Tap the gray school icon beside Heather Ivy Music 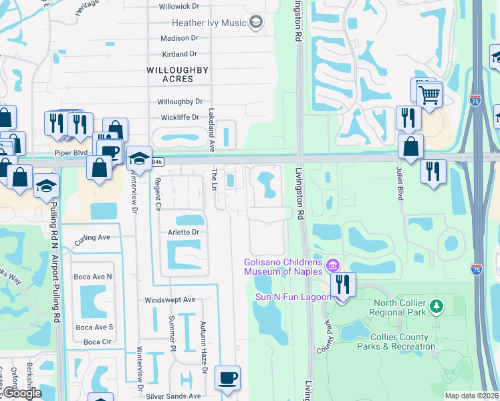coord(255,23)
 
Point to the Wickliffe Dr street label coord(178,118)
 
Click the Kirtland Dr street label coord(179,54)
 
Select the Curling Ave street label coord(92,237)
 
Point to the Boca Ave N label coord(94,277)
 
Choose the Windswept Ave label coord(170,300)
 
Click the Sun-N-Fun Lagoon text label coord(293,297)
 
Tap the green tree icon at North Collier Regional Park coord(436,305)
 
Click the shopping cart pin coord(429,93)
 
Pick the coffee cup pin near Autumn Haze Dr coord(228,378)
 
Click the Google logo coord(23,394)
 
